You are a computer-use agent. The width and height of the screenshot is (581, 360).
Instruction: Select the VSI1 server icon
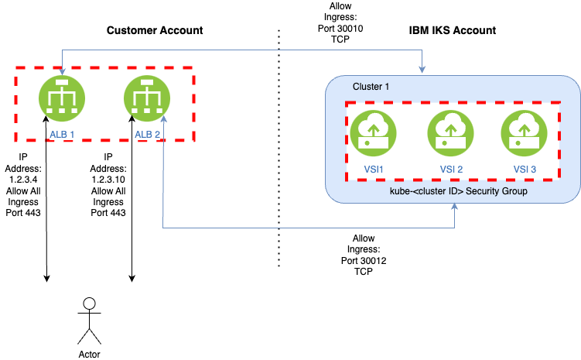tap(372, 133)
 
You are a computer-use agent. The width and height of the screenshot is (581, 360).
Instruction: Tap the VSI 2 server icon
tap(448, 133)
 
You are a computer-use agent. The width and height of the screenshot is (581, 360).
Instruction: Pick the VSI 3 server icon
tap(524, 133)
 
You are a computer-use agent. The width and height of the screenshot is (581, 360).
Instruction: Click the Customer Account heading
tap(154, 30)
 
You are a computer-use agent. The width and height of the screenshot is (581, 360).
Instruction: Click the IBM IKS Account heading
tap(452, 30)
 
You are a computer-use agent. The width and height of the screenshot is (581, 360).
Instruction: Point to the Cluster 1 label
tap(371, 86)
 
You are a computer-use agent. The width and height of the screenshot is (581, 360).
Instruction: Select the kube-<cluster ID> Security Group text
tap(453, 190)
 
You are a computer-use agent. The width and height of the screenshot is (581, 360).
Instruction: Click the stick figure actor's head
tap(90, 302)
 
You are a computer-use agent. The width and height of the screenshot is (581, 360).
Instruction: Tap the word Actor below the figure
tap(90, 355)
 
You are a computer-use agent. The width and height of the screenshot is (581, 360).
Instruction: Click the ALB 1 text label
tap(62, 134)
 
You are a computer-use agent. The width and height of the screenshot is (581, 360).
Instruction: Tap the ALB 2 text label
tap(147, 134)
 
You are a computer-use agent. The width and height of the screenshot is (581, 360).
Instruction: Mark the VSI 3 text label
tap(524, 170)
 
